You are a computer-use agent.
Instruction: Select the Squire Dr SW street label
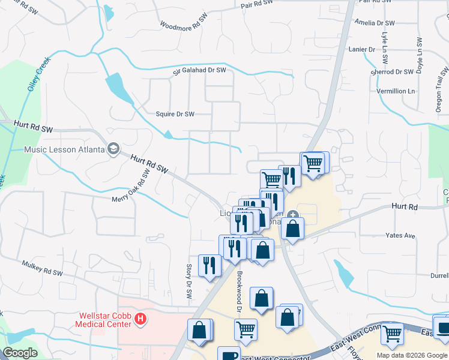coord(175,114)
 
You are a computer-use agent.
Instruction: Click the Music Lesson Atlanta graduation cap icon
coord(113,149)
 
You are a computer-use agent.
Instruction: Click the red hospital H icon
coord(140,318)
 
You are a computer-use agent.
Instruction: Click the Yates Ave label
coord(401,236)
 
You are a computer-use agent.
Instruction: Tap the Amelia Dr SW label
coord(375,23)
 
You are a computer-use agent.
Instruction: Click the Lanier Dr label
coord(363,49)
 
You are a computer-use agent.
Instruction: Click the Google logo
coord(20,353)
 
